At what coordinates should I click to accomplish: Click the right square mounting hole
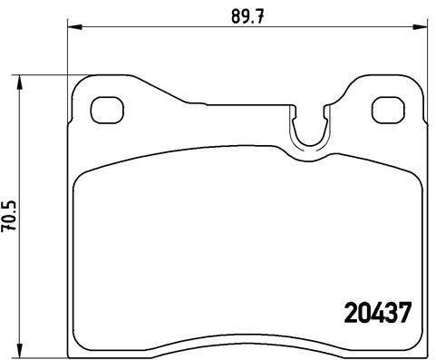pos(388,109)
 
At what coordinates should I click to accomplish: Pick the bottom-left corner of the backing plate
pos(73,346)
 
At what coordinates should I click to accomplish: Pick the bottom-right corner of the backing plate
pos(424,346)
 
